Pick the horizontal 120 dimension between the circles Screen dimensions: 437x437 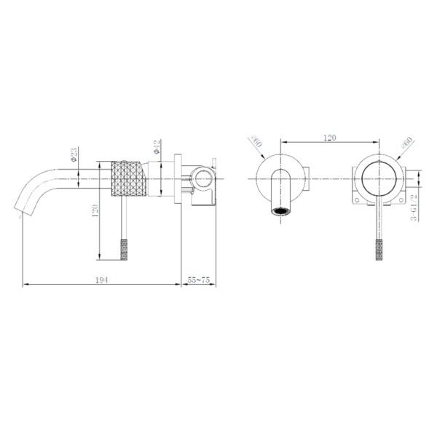tap(331, 135)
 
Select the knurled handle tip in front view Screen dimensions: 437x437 tap(379, 248)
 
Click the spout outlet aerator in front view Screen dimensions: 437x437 tap(280, 212)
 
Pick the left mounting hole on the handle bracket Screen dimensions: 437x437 tap(357, 197)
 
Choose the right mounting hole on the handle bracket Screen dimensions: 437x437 tap(399, 197)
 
